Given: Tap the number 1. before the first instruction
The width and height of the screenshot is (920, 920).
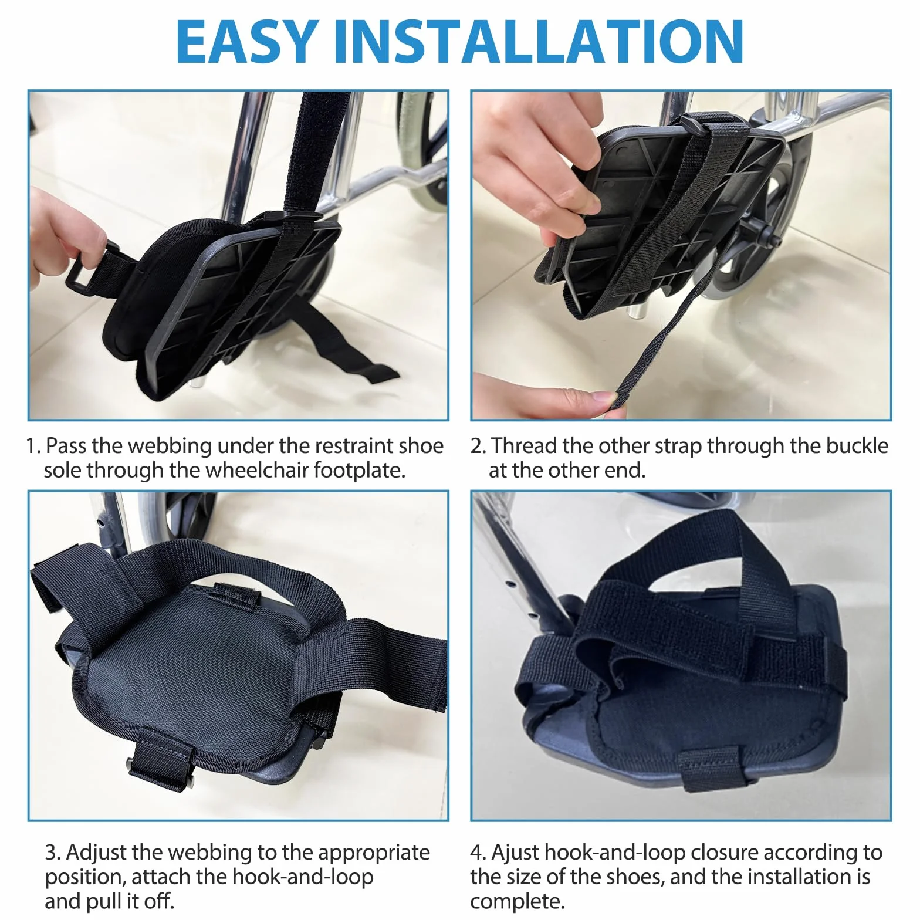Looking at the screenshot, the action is coord(33,446).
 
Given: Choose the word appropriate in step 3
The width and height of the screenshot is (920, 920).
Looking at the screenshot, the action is coord(373,853).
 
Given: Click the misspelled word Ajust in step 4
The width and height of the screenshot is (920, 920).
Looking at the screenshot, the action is coord(515,853).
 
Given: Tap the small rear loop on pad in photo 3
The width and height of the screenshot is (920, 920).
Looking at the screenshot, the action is coord(236,595).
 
